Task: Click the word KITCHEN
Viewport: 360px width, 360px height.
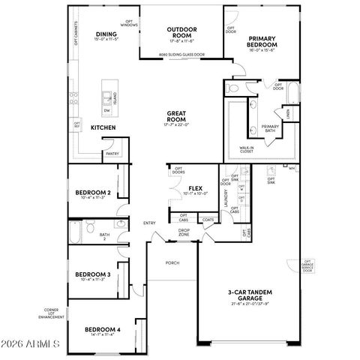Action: [x=103, y=127]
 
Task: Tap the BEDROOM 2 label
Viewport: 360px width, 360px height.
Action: [x=93, y=193]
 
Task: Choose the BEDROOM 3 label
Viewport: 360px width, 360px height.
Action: [x=93, y=275]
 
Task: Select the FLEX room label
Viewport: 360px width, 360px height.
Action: [x=196, y=189]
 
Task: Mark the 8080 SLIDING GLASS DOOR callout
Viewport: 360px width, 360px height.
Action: [x=181, y=55]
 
